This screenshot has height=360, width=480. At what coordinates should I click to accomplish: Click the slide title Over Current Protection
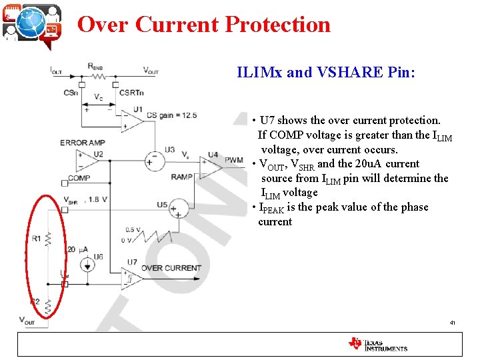click(204, 25)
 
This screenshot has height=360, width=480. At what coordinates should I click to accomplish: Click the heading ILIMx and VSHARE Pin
click(326, 72)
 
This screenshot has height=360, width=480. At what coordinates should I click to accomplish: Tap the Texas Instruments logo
click(377, 344)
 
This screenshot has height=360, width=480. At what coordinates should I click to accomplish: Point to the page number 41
click(453, 323)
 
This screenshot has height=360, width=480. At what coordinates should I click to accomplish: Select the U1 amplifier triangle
click(131, 120)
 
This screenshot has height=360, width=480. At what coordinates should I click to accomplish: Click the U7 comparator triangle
click(131, 279)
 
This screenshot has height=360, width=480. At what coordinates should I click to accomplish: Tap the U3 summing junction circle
click(155, 160)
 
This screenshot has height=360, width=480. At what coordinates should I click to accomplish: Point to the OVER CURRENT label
click(171, 268)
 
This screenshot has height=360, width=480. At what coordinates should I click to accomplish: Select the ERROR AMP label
click(83, 143)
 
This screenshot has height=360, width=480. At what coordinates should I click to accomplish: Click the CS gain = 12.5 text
click(171, 115)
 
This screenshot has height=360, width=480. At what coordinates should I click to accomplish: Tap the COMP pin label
click(79, 178)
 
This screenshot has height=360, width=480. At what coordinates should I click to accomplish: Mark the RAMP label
click(181, 177)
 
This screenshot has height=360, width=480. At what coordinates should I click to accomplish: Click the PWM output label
click(235, 160)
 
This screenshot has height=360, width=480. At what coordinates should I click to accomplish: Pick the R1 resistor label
click(36, 238)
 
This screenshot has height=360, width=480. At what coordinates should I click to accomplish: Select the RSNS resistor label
click(95, 65)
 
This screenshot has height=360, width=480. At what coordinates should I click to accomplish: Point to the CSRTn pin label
click(131, 93)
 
